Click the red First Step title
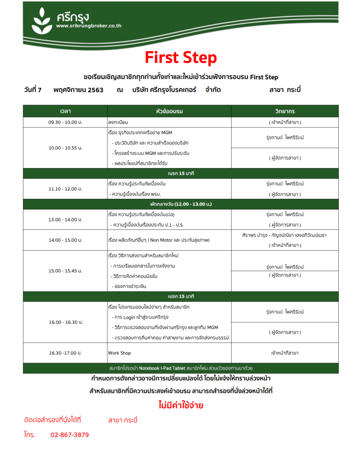(x=181, y=58)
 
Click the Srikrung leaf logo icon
(x=43, y=20)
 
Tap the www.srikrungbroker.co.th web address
(x=89, y=26)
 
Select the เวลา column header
(x=65, y=111)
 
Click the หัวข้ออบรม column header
(x=170, y=111)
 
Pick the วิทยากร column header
(x=285, y=111)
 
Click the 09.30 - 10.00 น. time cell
(x=65, y=122)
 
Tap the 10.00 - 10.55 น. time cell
(x=65, y=147)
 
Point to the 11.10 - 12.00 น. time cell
(x=65, y=189)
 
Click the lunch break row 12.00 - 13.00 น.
(x=181, y=204)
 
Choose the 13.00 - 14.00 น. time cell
(x=65, y=220)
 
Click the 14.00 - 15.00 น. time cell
(x=65, y=240)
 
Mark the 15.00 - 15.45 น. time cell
(x=65, y=271)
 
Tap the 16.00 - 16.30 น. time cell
(x=65, y=322)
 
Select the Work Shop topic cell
(x=120, y=353)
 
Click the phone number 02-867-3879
(x=70, y=435)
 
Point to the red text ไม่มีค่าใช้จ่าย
(x=181, y=405)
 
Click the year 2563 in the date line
(x=95, y=90)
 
